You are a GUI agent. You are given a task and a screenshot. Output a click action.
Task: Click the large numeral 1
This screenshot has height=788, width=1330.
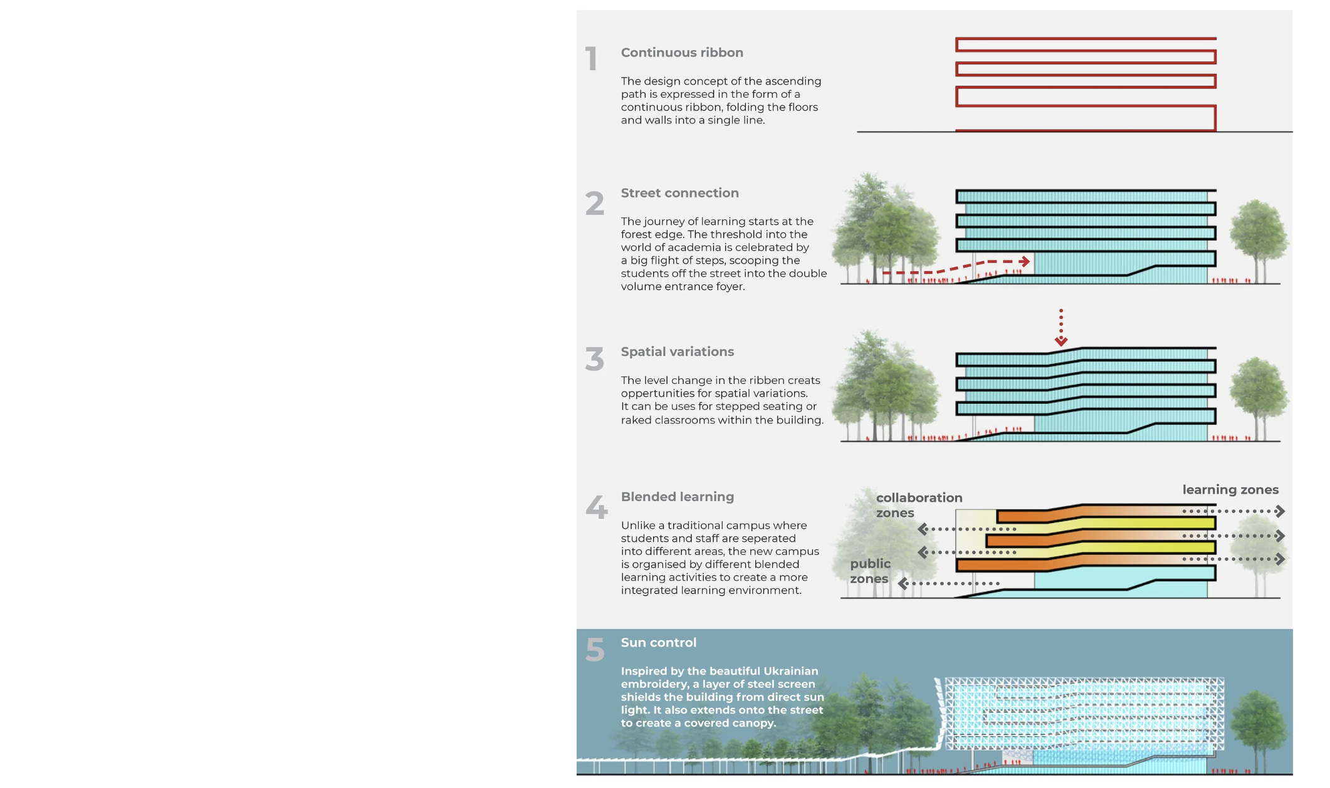pos(591,60)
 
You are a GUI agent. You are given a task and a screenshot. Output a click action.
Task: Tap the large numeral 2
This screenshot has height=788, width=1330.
pos(595,204)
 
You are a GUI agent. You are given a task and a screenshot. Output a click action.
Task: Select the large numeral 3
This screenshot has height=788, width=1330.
pos(595,360)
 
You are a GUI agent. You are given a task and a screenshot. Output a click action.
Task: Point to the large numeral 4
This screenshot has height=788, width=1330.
pos(596,507)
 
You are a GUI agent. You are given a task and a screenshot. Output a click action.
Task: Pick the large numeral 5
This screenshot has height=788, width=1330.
pos(595,650)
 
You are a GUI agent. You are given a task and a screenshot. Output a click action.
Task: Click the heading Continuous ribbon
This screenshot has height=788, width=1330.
pos(682,53)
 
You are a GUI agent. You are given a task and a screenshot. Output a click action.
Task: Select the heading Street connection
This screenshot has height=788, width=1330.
pos(679,193)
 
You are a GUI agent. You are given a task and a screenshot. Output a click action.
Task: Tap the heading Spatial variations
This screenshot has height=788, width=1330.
pos(677,352)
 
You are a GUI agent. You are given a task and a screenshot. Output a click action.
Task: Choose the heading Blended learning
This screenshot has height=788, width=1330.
pos(677,497)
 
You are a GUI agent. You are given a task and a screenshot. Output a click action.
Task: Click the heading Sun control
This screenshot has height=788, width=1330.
pos(658,643)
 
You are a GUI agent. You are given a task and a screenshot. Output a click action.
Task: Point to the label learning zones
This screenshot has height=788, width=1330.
pos(1230,490)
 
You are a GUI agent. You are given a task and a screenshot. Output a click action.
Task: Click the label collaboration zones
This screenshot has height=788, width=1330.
pos(918,505)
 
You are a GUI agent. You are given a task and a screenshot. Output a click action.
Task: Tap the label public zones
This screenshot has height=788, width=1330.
pos(869,571)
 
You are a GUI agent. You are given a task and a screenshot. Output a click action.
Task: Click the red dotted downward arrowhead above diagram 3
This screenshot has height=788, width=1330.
pos(1060,341)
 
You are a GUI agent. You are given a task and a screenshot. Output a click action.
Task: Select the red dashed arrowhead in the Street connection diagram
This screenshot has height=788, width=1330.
pos(1025,261)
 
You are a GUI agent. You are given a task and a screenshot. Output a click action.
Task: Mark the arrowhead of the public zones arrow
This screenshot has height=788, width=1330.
pos(903,584)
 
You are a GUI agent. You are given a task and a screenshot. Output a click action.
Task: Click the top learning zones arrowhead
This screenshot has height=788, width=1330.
pos(1280,511)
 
